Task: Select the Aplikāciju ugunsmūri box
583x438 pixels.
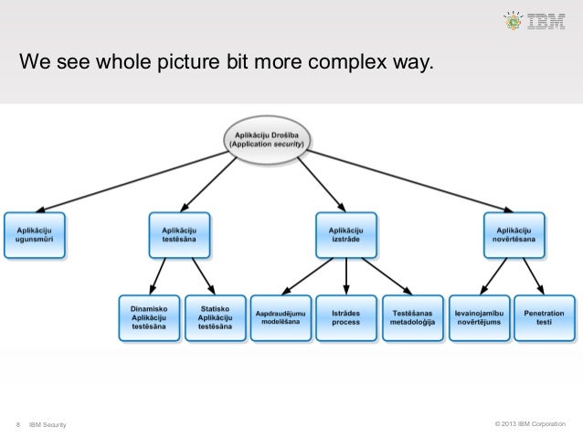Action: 35,234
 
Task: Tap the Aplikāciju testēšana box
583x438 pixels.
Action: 179,234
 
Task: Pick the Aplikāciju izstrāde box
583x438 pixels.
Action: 346,234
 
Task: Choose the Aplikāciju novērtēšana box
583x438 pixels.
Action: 514,234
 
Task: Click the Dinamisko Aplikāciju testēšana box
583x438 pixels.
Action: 148,317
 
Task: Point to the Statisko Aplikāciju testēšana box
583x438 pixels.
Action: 215,317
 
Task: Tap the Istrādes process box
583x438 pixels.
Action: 345,317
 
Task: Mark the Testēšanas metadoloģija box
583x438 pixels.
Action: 411,317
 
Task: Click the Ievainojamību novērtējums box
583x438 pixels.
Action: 478,317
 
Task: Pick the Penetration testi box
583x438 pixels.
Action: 545,317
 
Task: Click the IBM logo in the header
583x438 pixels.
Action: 546,20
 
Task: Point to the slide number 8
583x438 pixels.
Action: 18,423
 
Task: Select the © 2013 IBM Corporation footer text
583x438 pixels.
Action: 529,423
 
